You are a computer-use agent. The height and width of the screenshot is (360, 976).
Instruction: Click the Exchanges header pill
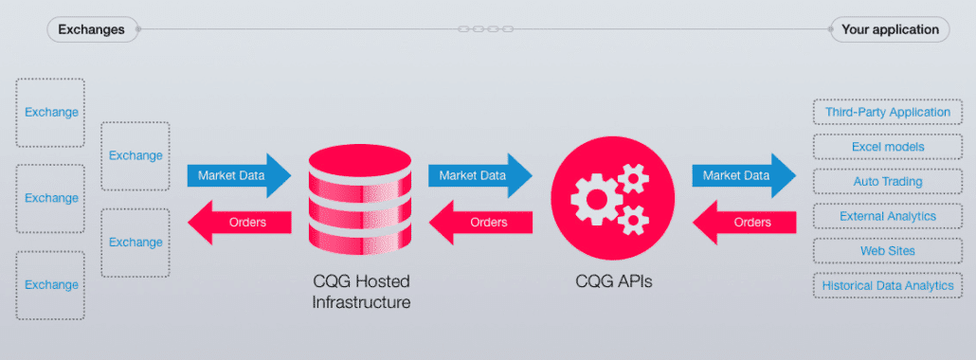click(91, 29)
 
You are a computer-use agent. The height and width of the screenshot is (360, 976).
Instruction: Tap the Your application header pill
click(889, 29)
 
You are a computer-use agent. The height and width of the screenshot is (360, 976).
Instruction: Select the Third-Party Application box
click(887, 113)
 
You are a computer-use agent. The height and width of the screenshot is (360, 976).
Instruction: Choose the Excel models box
click(887, 147)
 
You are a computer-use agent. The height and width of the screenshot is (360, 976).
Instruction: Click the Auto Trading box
click(887, 182)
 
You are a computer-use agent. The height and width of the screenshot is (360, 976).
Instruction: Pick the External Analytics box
click(887, 216)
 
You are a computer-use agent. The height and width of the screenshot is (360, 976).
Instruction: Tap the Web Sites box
click(887, 251)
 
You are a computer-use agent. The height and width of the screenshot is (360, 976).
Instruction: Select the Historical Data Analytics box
click(887, 285)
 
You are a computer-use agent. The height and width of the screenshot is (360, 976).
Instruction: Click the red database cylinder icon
click(361, 198)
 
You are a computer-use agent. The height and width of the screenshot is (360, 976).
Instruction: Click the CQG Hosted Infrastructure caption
click(361, 293)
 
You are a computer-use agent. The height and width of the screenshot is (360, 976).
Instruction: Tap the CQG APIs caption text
click(613, 281)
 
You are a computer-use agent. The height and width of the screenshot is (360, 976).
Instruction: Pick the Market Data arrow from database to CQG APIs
click(479, 175)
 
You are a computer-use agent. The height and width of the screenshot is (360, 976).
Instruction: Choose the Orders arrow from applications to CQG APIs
click(744, 223)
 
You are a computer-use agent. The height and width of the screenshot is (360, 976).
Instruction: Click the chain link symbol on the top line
click(485, 29)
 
